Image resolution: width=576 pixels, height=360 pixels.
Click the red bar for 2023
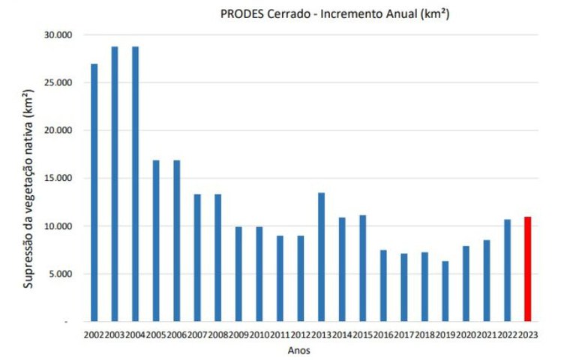click(x=528, y=269)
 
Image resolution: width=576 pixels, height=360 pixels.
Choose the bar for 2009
click(x=238, y=274)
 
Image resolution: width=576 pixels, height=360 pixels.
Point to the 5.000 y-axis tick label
click(x=58, y=274)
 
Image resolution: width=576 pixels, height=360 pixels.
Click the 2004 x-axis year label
click(x=135, y=334)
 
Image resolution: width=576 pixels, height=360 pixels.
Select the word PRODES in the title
click(x=241, y=13)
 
